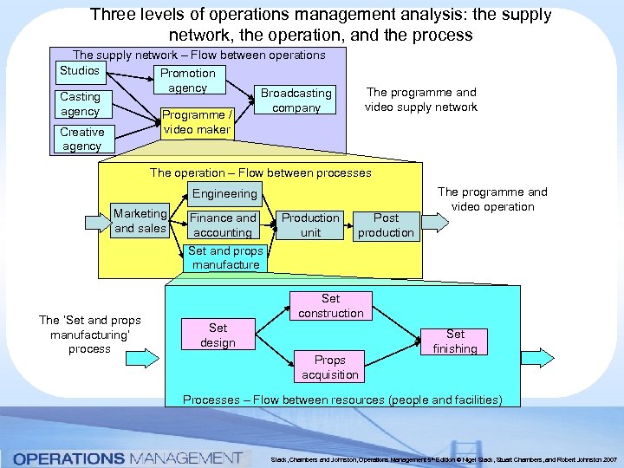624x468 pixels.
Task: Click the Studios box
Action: (x=79, y=70)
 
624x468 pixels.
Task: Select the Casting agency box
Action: (x=80, y=104)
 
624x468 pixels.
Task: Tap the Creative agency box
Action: (x=81, y=139)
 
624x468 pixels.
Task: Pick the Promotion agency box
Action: (x=187, y=81)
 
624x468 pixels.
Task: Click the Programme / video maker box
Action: (x=197, y=122)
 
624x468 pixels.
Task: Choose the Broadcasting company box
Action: (x=296, y=101)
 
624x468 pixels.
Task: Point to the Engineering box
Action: (x=224, y=194)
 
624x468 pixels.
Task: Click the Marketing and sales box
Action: (x=140, y=221)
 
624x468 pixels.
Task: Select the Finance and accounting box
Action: (x=223, y=225)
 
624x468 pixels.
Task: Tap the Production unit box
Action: (x=310, y=225)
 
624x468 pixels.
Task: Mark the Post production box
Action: (x=386, y=225)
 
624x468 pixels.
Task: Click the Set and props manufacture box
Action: (x=225, y=258)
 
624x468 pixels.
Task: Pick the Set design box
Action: (x=218, y=335)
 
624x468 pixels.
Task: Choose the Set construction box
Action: (x=331, y=306)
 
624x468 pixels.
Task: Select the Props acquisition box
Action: (x=329, y=367)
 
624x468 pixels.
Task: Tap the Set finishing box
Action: (x=455, y=341)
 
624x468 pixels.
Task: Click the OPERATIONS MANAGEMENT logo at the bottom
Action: (x=127, y=457)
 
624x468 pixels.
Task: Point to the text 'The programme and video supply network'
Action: (x=421, y=100)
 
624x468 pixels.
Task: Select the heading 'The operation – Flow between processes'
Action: (x=260, y=172)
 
